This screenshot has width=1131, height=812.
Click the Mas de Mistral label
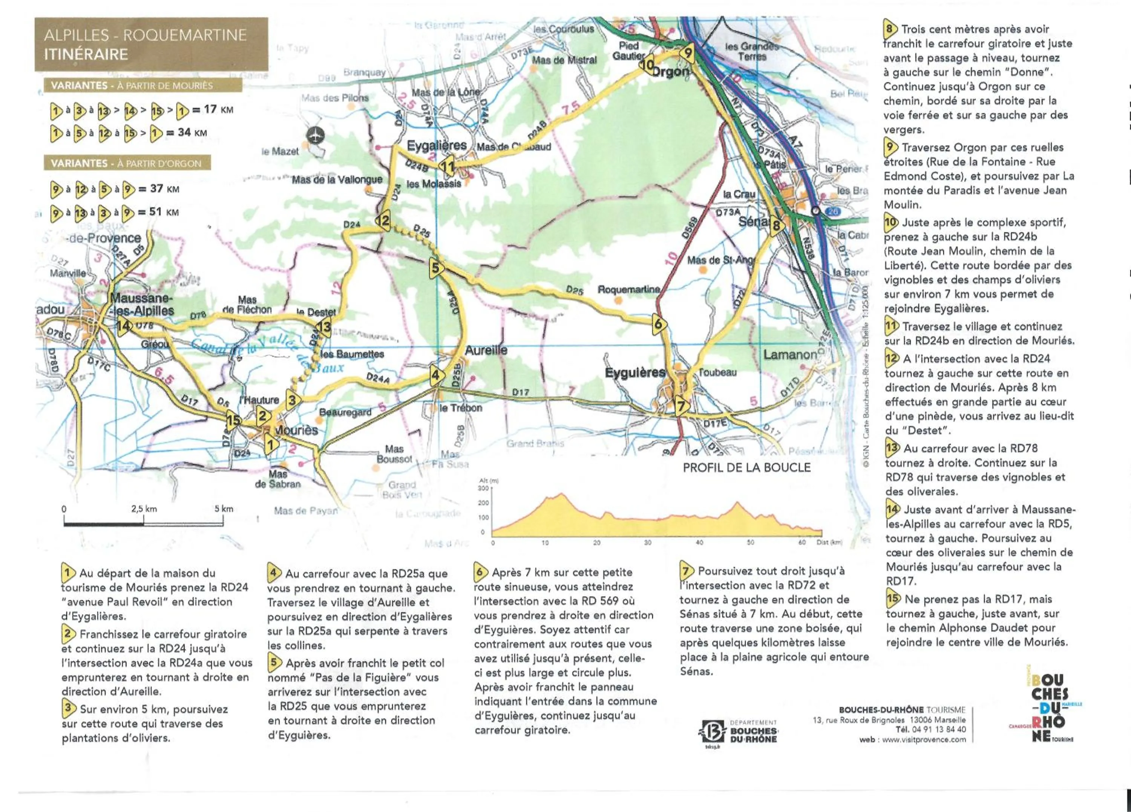coord(564,60)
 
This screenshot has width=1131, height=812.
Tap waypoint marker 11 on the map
coord(447,167)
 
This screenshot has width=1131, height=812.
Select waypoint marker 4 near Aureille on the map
coord(436,375)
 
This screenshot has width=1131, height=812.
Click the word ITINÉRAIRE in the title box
coord(86,54)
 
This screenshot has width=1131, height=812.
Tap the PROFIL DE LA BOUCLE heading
coord(746,467)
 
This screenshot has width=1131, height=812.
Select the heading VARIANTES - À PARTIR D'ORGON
coord(126,164)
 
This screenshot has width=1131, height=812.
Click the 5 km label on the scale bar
coord(224,509)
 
